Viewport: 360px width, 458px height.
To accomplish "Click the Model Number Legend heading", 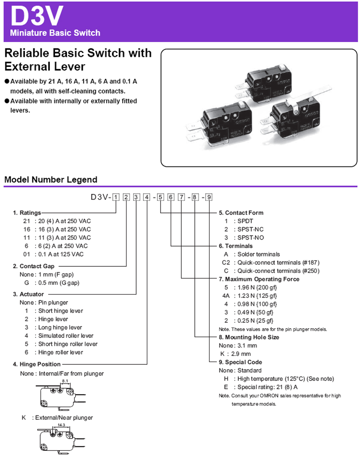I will [x=51, y=180].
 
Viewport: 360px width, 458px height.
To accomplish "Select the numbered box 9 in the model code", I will [x=209, y=197].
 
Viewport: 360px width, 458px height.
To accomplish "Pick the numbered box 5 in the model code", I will [x=160, y=197].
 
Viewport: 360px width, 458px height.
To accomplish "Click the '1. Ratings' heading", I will [x=27, y=213].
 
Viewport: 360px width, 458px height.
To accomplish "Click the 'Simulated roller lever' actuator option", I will [x=66, y=336].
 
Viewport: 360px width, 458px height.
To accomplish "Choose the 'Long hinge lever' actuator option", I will [x=60, y=327].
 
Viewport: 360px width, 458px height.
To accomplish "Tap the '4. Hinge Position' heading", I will [x=30, y=364].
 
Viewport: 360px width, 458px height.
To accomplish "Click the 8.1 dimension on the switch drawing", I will [x=65, y=381].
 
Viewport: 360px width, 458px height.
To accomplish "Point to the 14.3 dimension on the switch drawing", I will [x=61, y=425].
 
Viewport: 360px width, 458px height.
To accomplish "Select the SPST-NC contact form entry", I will [x=251, y=229].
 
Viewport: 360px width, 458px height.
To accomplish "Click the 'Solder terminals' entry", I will [x=258, y=254].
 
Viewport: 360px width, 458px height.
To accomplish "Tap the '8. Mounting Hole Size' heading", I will [x=249, y=337].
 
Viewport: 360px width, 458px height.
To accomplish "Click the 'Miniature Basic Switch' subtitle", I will [x=55, y=33].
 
